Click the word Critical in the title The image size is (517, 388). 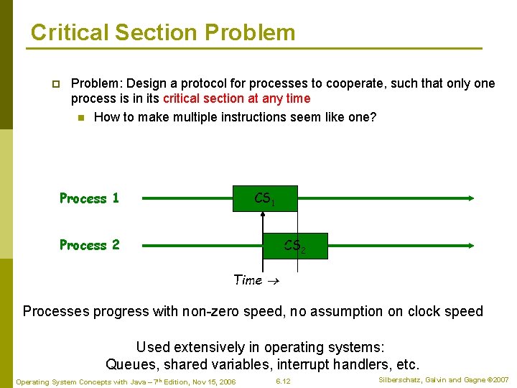click(70, 32)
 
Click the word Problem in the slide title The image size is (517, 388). click(250, 32)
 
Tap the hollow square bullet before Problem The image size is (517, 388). click(56, 84)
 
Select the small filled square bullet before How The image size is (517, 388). click(81, 118)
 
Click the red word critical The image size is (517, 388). click(181, 98)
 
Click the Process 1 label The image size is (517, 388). click(89, 198)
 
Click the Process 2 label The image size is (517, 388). click(89, 245)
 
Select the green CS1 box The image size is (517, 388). click(265, 198)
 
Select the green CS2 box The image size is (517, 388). click(295, 246)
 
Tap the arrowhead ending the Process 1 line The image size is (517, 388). click(471, 198)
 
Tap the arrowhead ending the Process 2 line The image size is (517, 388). click(471, 246)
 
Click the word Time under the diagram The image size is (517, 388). click(248, 280)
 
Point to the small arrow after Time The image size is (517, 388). click(274, 281)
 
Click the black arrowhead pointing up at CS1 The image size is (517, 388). click(263, 214)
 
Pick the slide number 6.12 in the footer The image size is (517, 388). click(283, 382)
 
